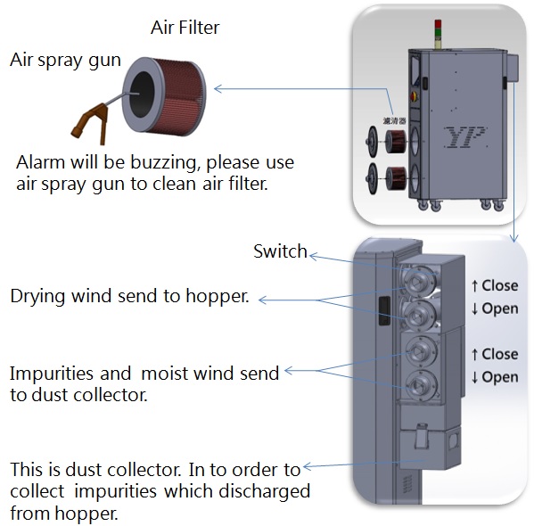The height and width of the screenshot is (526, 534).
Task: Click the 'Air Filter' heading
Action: click(185, 28)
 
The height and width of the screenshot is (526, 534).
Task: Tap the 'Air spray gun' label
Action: click(65, 61)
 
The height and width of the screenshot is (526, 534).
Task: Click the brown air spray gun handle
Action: click(91, 123)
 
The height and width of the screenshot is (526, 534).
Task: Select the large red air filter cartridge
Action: click(164, 96)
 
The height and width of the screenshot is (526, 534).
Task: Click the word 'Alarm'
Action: click(40, 162)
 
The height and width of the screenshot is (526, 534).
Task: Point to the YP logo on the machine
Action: click(464, 137)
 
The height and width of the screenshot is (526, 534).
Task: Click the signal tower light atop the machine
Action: click(438, 34)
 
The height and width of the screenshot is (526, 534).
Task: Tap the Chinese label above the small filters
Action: click(394, 120)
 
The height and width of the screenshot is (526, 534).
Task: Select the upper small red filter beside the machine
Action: click(396, 141)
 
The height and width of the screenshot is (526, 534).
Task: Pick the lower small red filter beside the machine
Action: click(396, 177)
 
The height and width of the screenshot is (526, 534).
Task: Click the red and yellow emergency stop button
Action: click(414, 96)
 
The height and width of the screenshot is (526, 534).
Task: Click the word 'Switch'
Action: click(280, 251)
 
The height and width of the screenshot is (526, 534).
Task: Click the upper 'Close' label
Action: click(500, 285)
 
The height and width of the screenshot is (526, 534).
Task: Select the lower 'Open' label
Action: click(500, 377)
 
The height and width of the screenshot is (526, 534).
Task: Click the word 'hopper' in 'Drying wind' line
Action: click(218, 296)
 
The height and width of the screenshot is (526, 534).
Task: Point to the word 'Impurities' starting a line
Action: click(51, 374)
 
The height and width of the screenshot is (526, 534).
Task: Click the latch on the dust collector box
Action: click(421, 436)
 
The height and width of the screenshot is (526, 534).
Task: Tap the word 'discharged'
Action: click(264, 491)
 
